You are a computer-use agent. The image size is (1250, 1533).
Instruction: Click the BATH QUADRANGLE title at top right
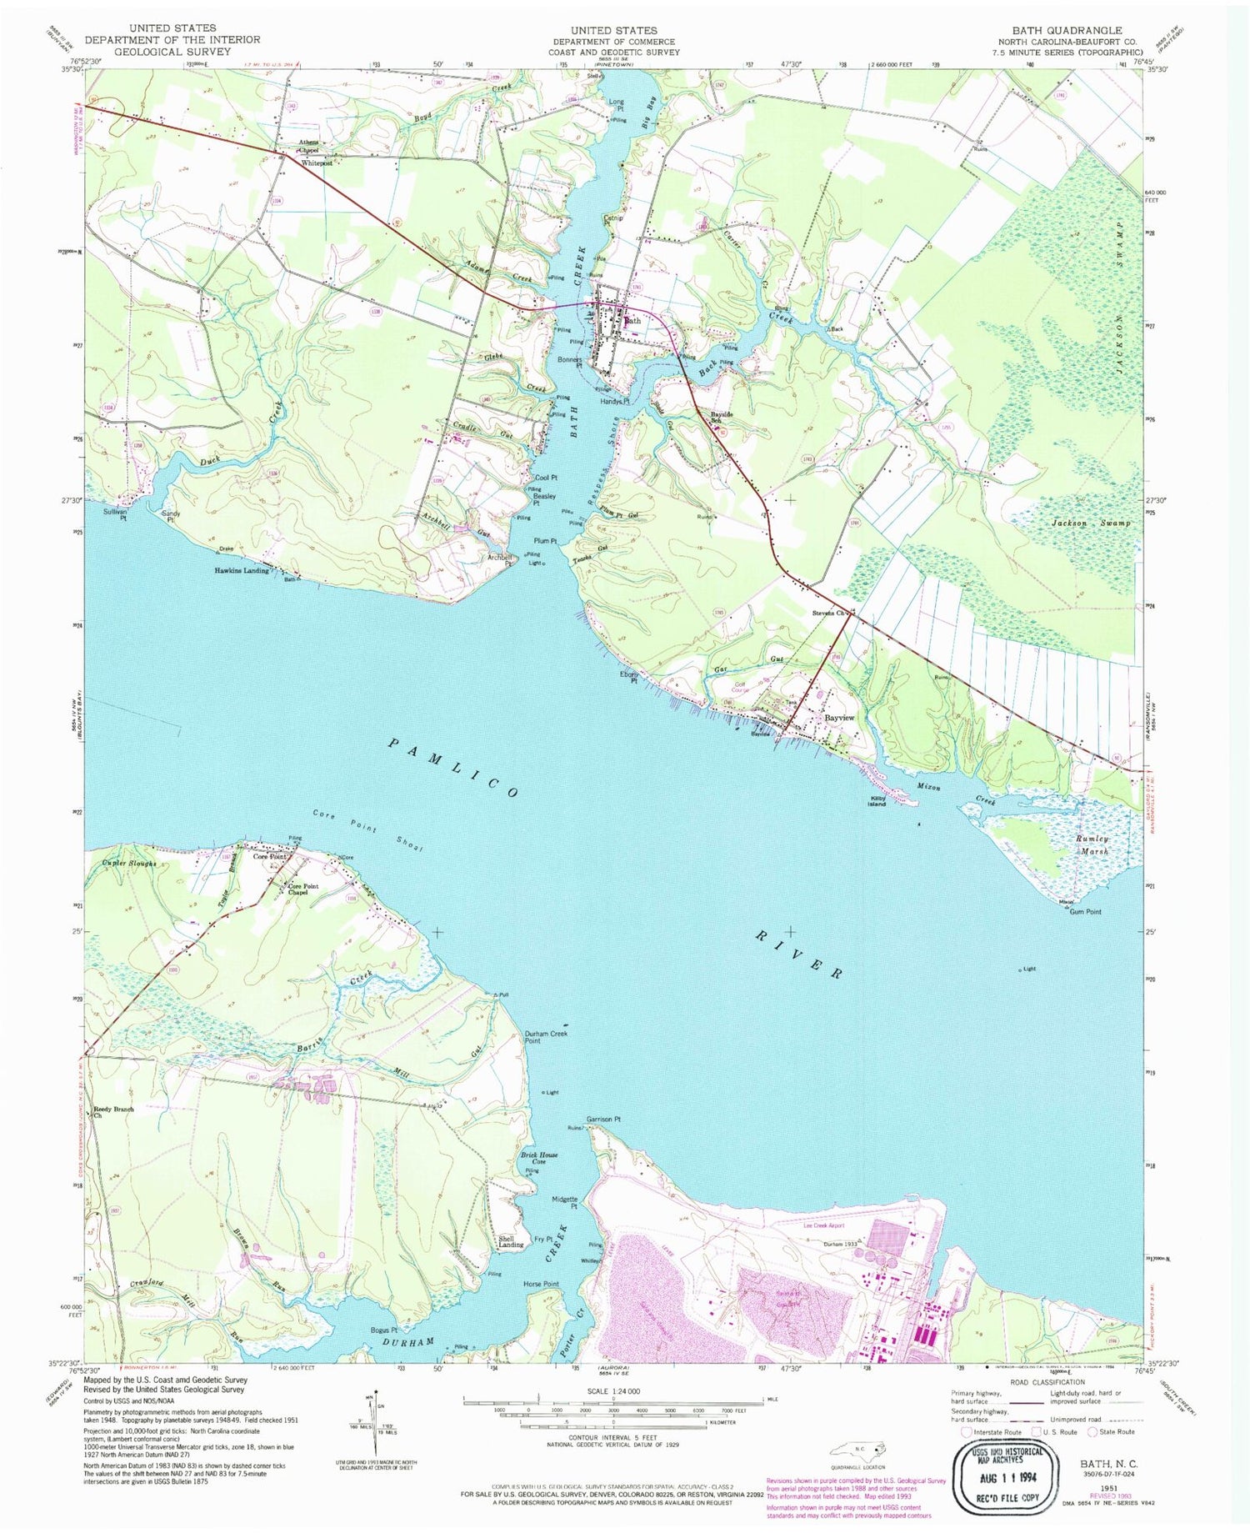[x=1067, y=30]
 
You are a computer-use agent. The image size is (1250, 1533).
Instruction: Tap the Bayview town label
[x=839, y=718]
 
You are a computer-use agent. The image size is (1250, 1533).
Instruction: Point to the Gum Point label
[x=1085, y=912]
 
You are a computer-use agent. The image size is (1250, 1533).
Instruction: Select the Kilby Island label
[x=877, y=801]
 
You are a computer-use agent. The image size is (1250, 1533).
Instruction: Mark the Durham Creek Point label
[x=546, y=1037]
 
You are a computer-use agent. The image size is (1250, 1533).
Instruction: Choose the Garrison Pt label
[x=603, y=1119]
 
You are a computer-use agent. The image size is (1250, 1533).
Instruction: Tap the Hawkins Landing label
[x=242, y=570]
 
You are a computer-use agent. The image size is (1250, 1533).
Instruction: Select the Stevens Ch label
[x=829, y=614]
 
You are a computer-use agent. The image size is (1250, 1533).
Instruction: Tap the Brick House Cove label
[x=539, y=1158]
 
